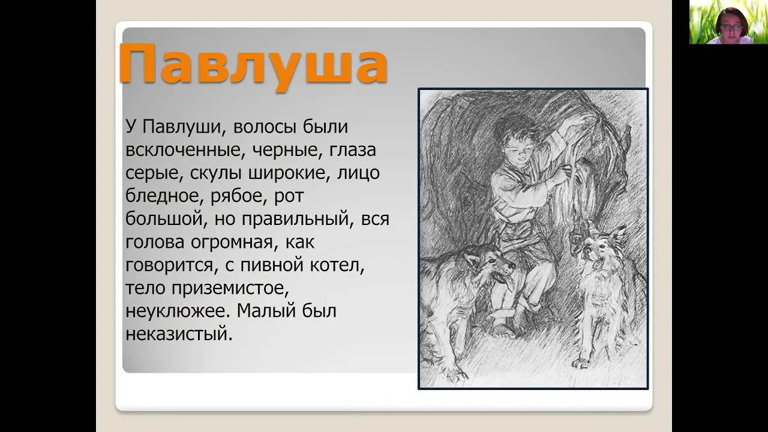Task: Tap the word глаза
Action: tap(353, 151)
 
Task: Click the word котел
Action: tap(337, 265)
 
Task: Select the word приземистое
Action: tap(230, 289)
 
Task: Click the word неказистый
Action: tap(179, 334)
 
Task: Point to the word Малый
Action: tap(266, 311)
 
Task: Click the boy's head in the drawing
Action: tap(513, 139)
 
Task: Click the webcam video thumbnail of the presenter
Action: tap(728, 22)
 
